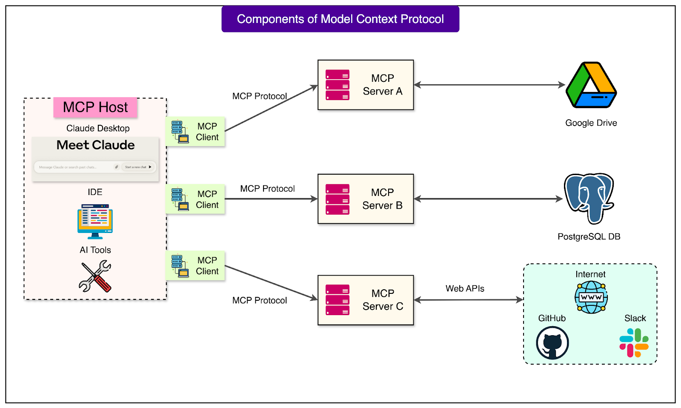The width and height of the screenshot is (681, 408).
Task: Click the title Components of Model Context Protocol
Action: click(340, 19)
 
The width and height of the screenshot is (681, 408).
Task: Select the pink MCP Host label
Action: click(95, 107)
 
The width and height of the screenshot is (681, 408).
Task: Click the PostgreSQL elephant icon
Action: click(589, 198)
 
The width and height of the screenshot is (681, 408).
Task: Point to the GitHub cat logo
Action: click(552, 343)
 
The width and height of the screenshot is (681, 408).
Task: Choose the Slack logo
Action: click(634, 343)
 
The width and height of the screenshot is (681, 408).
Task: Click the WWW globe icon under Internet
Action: click(591, 297)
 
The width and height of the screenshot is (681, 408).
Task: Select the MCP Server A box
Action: click(366, 85)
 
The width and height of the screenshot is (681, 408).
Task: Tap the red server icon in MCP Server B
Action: click(338, 199)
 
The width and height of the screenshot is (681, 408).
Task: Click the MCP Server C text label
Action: click(383, 300)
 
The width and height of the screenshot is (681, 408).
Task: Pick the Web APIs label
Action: click(465, 288)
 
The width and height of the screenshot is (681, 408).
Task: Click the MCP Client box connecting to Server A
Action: click(195, 132)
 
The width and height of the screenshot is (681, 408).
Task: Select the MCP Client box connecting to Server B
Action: click(195, 199)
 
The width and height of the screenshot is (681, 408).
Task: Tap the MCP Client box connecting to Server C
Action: click(195, 266)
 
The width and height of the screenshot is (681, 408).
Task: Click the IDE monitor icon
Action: click(95, 221)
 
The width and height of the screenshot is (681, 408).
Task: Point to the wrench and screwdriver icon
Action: click(95, 276)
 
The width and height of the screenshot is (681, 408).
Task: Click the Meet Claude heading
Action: click(95, 145)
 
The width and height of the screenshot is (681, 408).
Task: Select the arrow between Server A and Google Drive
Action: click(489, 85)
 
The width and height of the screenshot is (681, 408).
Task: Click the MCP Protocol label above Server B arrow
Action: click(267, 189)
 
